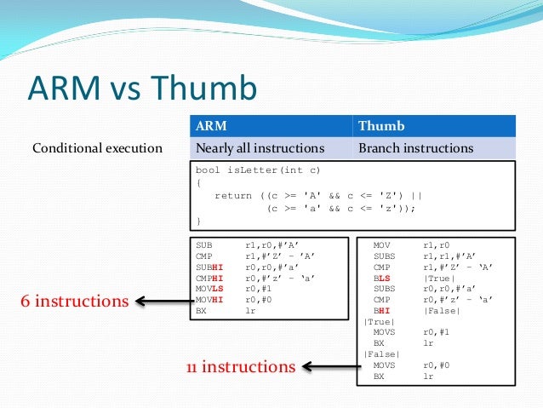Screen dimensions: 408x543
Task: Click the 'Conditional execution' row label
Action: point(97,148)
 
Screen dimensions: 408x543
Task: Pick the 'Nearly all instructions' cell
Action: point(260,148)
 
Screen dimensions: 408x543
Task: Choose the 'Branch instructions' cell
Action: point(415,148)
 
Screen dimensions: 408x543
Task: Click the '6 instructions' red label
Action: point(74,301)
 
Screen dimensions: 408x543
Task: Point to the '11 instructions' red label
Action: point(241,367)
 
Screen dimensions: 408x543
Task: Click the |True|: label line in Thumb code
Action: point(378,321)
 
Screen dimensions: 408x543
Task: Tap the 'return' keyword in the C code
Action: point(232,195)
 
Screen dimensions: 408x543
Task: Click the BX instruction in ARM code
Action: point(203,310)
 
